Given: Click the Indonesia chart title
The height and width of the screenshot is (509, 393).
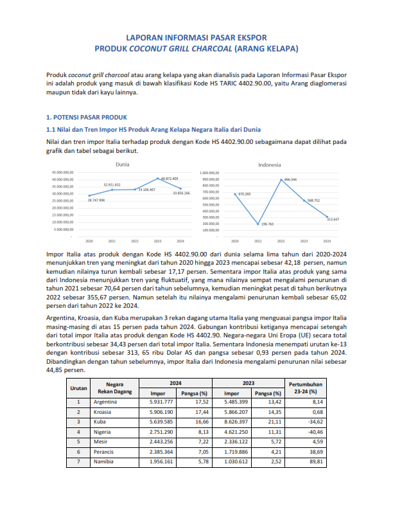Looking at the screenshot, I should pos(270,165).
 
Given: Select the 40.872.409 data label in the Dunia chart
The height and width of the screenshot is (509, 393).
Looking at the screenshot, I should pos(170,178).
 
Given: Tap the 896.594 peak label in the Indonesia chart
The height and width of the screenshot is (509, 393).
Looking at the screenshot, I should pos(290,179).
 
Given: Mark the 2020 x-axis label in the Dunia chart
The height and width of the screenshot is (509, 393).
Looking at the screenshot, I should pos(89,241).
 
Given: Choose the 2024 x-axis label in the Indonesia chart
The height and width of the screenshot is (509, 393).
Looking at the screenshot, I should pos(327,241).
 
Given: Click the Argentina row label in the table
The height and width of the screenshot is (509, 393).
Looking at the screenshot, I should pos(105,402).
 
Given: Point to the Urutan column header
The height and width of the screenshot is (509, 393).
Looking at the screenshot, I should pos(78,388).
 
